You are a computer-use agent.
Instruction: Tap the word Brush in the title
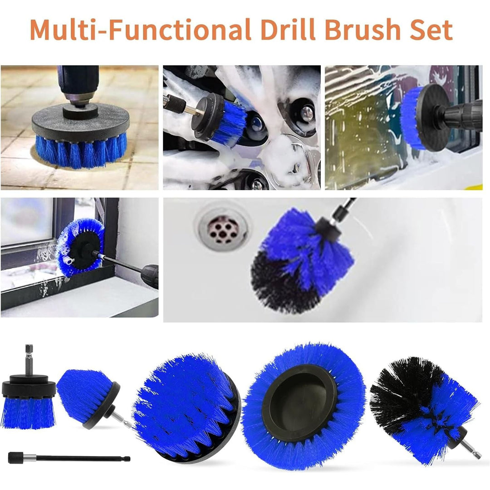[x=363, y=29]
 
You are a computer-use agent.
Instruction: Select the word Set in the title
[x=431, y=29]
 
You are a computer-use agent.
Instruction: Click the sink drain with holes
[x=223, y=230]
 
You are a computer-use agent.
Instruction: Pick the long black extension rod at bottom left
[x=69, y=458]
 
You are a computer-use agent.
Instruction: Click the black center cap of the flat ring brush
[x=299, y=403]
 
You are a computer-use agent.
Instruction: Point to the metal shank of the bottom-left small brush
[x=29, y=360]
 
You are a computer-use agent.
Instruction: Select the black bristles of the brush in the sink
[x=283, y=284]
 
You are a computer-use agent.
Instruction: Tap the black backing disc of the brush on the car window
[x=433, y=118]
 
